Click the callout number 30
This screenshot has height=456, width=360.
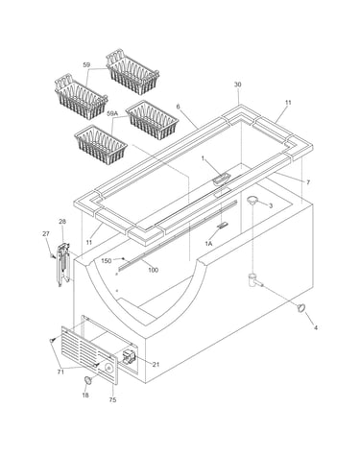[x=237, y=84]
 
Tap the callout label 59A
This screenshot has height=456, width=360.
[x=112, y=113]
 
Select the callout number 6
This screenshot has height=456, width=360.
[x=179, y=108]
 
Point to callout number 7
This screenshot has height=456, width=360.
[x=308, y=182]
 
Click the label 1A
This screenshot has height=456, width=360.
[x=208, y=244]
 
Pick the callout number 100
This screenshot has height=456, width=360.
[x=154, y=270]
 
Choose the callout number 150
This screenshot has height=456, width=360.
[x=107, y=261]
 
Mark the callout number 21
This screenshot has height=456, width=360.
[x=156, y=364]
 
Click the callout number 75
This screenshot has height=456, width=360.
[x=112, y=399]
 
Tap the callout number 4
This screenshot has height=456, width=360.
[x=315, y=327]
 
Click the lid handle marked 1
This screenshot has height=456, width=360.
[x=221, y=179]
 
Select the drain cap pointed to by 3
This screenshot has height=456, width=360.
[x=252, y=200]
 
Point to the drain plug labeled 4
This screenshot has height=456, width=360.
[x=300, y=307]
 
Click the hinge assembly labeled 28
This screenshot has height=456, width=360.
[x=63, y=264]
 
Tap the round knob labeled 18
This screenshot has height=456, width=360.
[x=88, y=380]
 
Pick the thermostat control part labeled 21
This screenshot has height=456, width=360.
[x=128, y=357]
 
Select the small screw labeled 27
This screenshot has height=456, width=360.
[x=52, y=255]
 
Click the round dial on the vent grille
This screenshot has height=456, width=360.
[x=108, y=369]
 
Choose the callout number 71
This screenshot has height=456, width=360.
[x=60, y=372]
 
